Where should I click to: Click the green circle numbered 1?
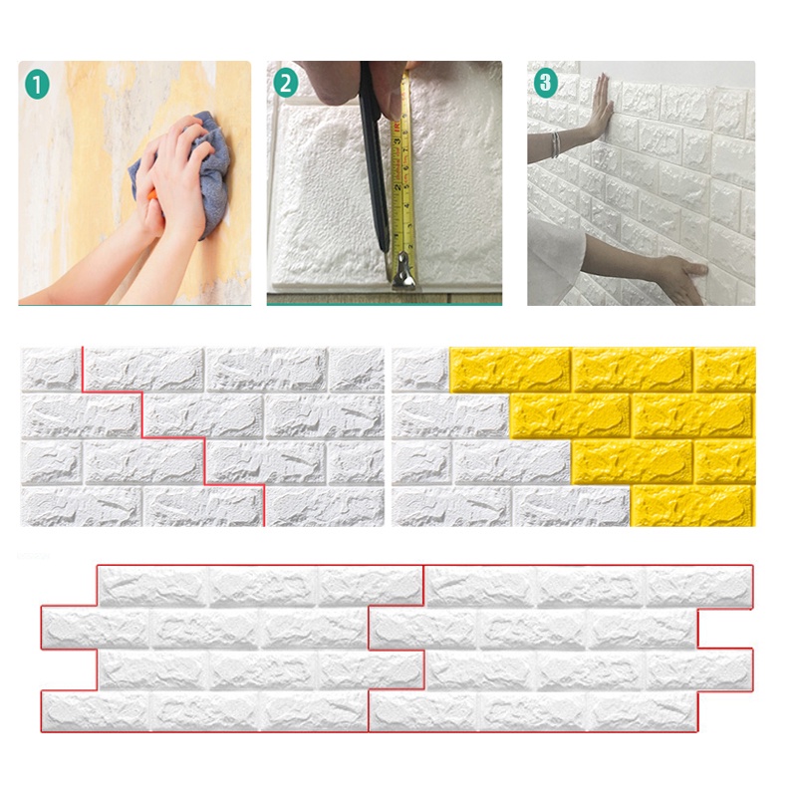pos(36,85)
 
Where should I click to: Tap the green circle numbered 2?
pos(286,84)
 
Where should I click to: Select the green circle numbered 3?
pos(545,83)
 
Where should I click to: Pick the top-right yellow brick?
pos(725,369)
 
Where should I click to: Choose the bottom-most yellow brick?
pos(691,506)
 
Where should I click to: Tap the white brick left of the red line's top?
pos(50,369)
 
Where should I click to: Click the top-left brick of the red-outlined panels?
pos(152,587)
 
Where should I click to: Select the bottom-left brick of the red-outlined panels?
pos(96,710)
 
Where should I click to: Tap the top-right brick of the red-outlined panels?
pos(697,587)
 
